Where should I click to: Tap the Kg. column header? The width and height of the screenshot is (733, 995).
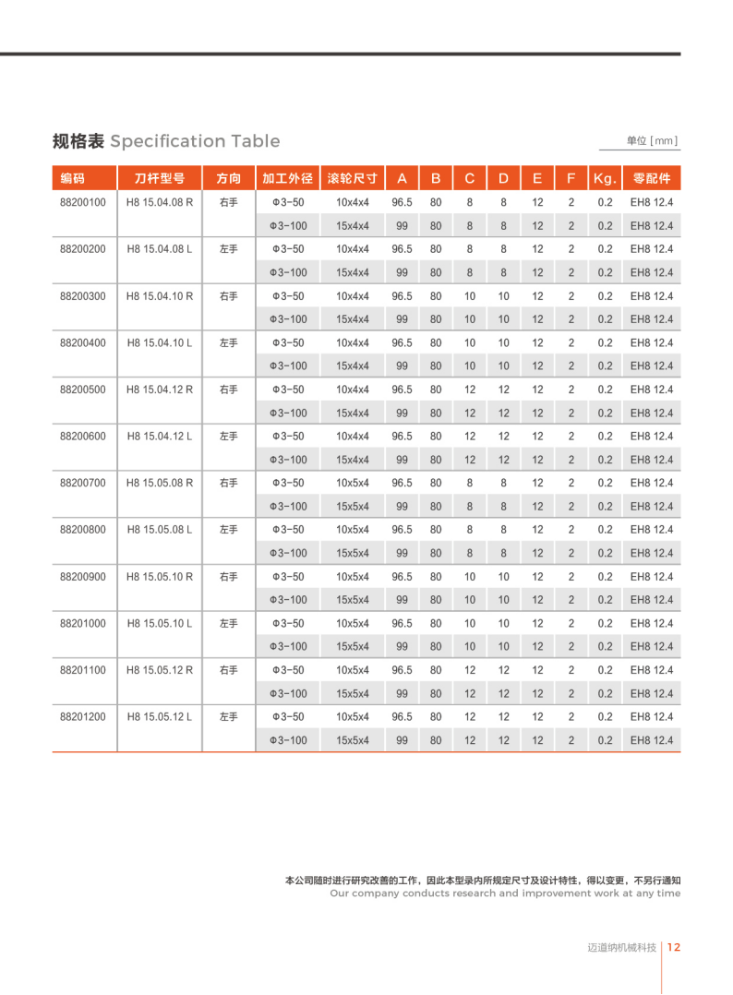[x=605, y=178]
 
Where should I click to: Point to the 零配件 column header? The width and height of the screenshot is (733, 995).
[x=652, y=178]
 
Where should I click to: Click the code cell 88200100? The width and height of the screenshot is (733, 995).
[x=83, y=202]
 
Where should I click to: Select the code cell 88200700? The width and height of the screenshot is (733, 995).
[x=83, y=483]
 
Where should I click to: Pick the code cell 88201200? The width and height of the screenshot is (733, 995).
[x=83, y=716]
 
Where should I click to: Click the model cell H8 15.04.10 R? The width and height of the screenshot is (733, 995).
[x=160, y=295]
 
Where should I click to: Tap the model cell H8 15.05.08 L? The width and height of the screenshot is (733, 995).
[x=160, y=530]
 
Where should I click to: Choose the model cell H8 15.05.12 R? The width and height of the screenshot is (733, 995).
[x=160, y=670]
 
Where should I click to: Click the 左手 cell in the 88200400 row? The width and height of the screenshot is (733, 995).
[x=229, y=342]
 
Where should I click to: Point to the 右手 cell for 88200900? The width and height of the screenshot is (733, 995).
[x=229, y=577]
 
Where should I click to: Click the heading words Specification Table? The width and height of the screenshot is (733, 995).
[x=195, y=141]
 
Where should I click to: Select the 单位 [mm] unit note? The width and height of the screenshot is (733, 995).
[x=652, y=140]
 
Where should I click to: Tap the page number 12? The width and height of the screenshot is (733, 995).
[x=674, y=947]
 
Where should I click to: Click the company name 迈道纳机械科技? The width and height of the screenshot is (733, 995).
[x=621, y=947]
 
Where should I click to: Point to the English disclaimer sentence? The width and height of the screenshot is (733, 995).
[x=504, y=893]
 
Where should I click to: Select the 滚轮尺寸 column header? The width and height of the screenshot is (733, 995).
[x=353, y=178]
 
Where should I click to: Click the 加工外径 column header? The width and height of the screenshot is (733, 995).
[x=288, y=178]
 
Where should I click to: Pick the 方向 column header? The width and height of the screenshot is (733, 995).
[x=229, y=178]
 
